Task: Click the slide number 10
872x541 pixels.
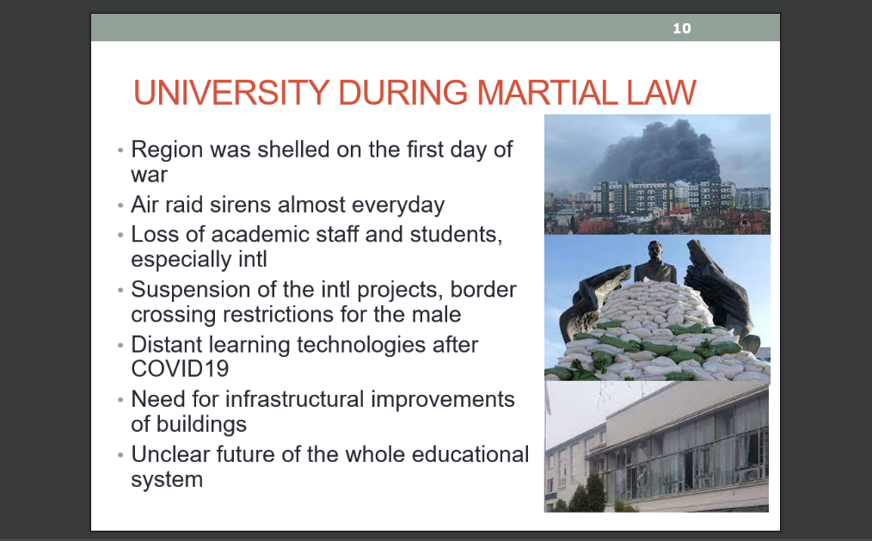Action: [x=682, y=28]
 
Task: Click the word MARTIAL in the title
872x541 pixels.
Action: [x=548, y=92]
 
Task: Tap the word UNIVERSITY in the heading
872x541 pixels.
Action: [x=231, y=92]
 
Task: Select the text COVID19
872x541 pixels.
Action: [x=180, y=369]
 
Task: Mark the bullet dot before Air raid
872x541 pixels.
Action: [x=120, y=206]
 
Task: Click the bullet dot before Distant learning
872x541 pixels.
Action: [x=120, y=345]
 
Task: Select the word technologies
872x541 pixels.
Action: [x=361, y=345]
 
